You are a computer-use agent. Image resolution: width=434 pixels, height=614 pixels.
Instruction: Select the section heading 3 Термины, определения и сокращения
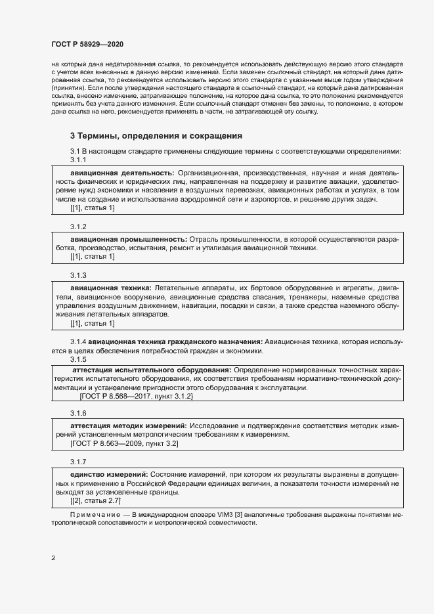pos(156,136)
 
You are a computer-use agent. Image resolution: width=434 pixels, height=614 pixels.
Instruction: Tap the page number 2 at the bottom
pos(53,558)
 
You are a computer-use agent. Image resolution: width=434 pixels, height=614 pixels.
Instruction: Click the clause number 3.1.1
pos(79,160)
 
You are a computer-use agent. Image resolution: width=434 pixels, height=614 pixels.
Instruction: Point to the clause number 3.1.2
pos(79,227)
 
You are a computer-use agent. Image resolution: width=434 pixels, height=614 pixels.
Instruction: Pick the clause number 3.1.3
pos(79,274)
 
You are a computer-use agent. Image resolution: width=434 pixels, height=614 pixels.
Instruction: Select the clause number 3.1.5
pos(79,359)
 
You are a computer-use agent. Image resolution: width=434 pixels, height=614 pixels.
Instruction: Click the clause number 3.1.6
pos(79,413)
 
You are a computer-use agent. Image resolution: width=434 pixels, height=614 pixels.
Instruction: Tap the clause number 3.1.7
pos(79,461)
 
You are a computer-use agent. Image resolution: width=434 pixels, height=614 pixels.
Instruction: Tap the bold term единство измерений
pos(108,473)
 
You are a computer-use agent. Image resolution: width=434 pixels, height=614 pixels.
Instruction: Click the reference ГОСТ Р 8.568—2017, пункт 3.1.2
pos(135,397)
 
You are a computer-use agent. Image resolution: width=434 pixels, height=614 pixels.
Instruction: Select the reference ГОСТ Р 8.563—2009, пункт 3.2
pos(124,444)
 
